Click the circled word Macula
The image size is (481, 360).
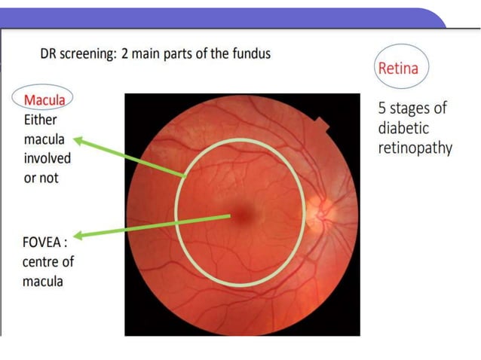pos(44,99)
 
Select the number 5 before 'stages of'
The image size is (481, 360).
pos(383,108)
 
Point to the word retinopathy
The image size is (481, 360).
pos(415,148)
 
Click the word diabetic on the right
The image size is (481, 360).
pos(404,127)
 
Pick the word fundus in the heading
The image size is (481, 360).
pos(251,53)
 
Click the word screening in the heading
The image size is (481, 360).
pos(90,54)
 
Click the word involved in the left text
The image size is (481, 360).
pos(47,158)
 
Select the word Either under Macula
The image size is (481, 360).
pos(41,119)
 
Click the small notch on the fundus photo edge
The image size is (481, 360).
pos(323,124)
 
